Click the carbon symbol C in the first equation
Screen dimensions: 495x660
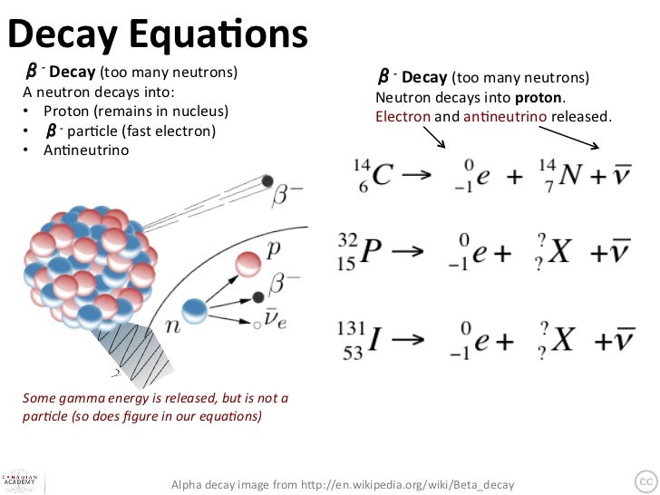pyautogui.click(x=382, y=176)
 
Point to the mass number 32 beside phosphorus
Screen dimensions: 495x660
pyautogui.click(x=348, y=241)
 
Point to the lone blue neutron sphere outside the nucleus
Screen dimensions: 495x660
pyautogui.click(x=194, y=310)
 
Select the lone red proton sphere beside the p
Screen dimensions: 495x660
pyautogui.click(x=248, y=262)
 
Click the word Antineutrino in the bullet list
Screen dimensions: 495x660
pyautogui.click(x=86, y=149)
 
